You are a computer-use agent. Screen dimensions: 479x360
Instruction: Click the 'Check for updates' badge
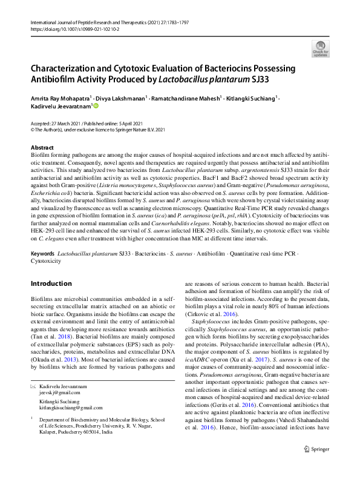click(x=320, y=48)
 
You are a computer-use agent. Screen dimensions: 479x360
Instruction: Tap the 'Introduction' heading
click(x=51, y=283)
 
